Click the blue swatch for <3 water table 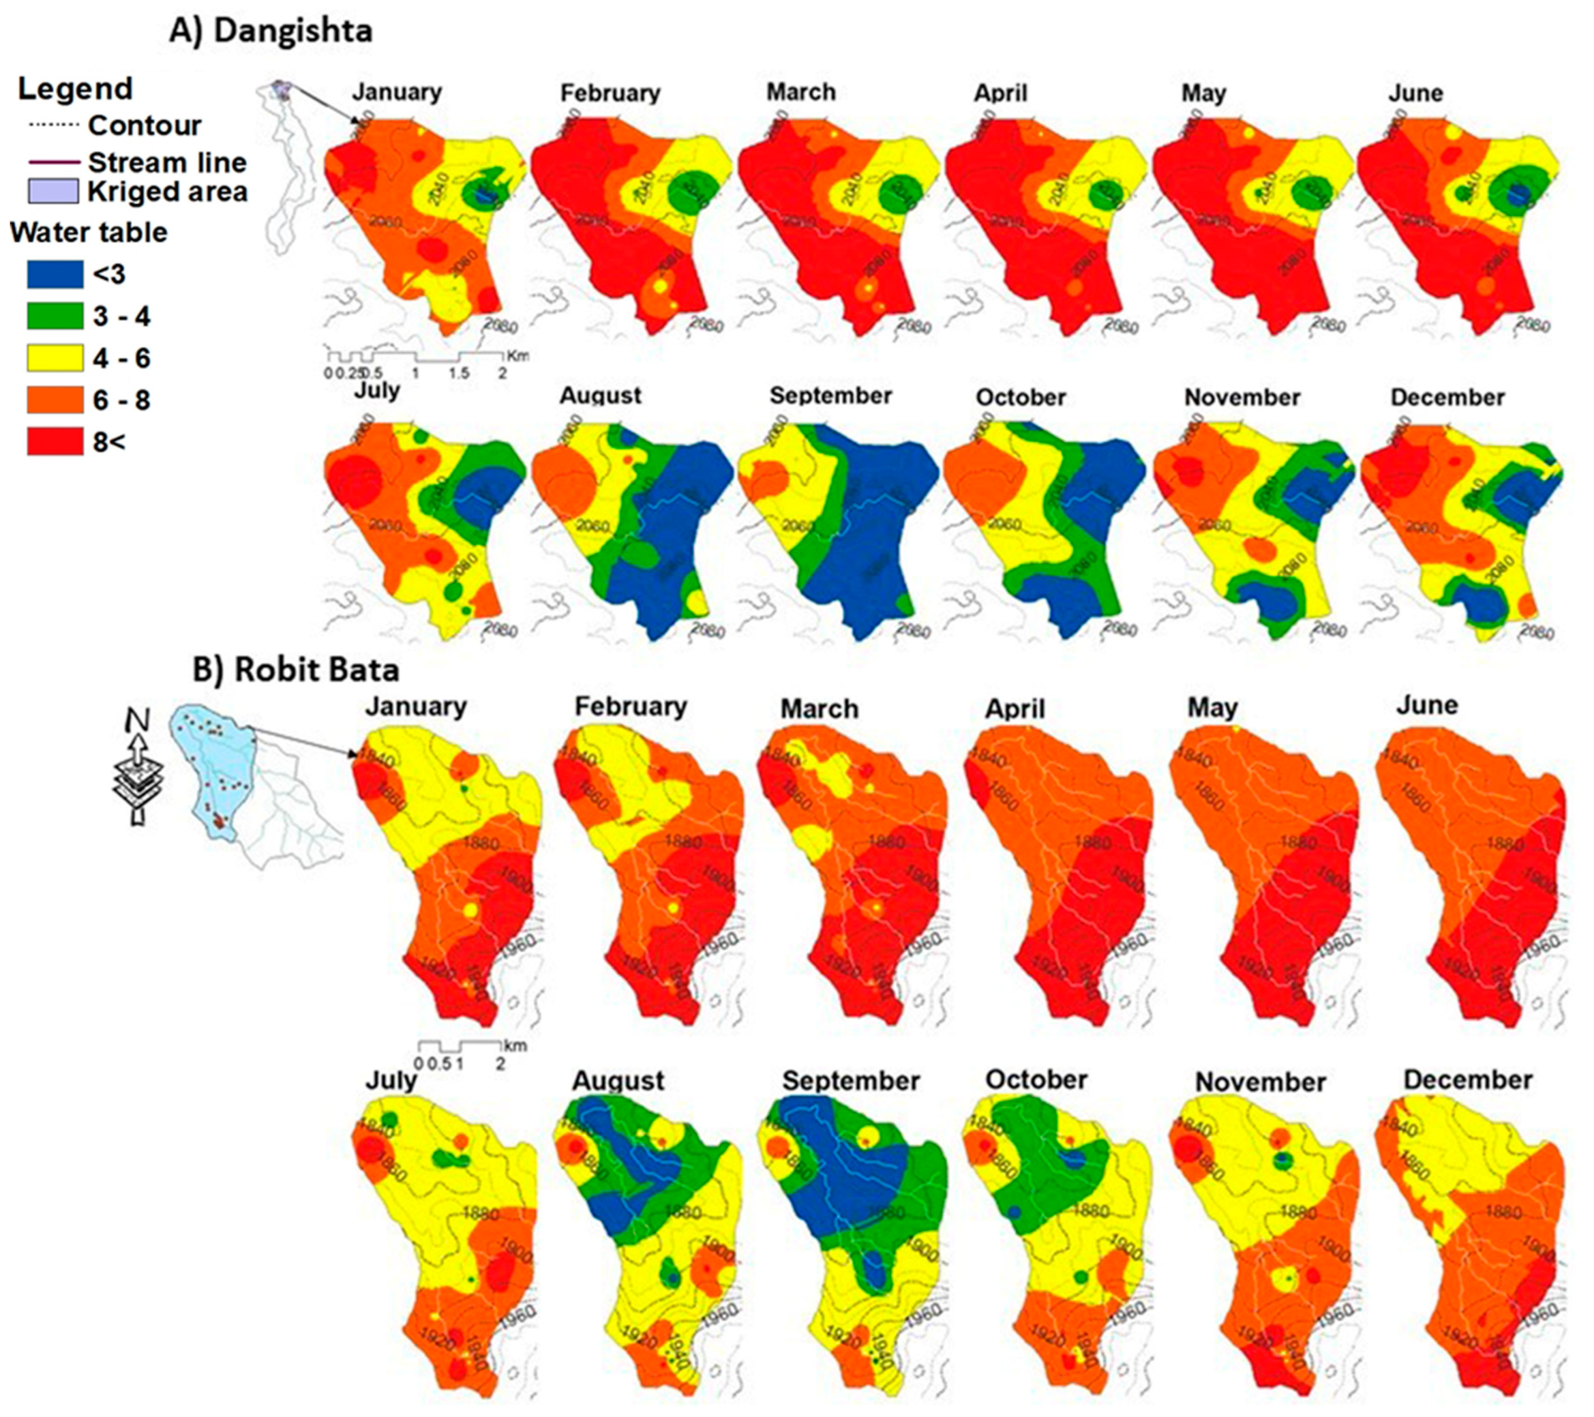[55, 274]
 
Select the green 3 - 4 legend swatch [55, 316]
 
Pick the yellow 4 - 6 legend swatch [55, 358]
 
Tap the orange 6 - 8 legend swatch [55, 400]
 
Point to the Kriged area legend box [53, 191]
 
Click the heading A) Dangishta [271, 31]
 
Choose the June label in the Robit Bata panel [1427, 705]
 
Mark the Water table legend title [88, 232]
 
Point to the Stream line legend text [167, 162]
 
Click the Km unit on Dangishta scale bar [518, 355]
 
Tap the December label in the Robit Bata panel [1468, 1080]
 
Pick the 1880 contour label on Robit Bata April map [1092, 843]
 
